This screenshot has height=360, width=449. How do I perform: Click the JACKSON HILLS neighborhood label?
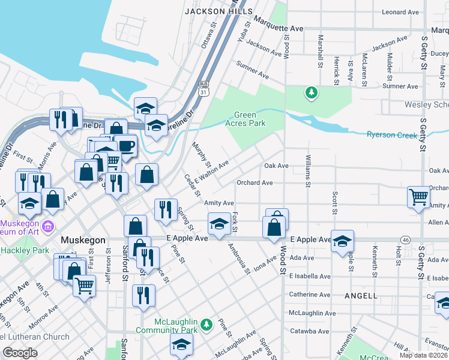coord(211,11)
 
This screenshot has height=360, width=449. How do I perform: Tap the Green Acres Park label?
coord(249,119)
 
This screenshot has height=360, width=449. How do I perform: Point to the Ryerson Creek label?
coord(392,135)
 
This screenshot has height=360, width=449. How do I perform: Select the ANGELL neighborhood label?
coord(361,296)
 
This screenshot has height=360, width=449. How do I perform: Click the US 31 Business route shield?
coord(203,88)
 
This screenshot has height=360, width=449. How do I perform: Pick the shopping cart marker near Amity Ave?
coord(418,196)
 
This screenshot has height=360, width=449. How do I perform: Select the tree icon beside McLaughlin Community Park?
coord(206,324)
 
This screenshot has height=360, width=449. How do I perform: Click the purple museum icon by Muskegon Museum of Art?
coord(49,226)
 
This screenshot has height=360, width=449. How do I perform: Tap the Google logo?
coord(20,353)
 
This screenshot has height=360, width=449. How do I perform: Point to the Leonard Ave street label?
coord(400,12)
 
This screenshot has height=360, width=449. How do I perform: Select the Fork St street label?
coord(235,222)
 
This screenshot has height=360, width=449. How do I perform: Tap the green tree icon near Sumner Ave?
coord(311,92)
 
